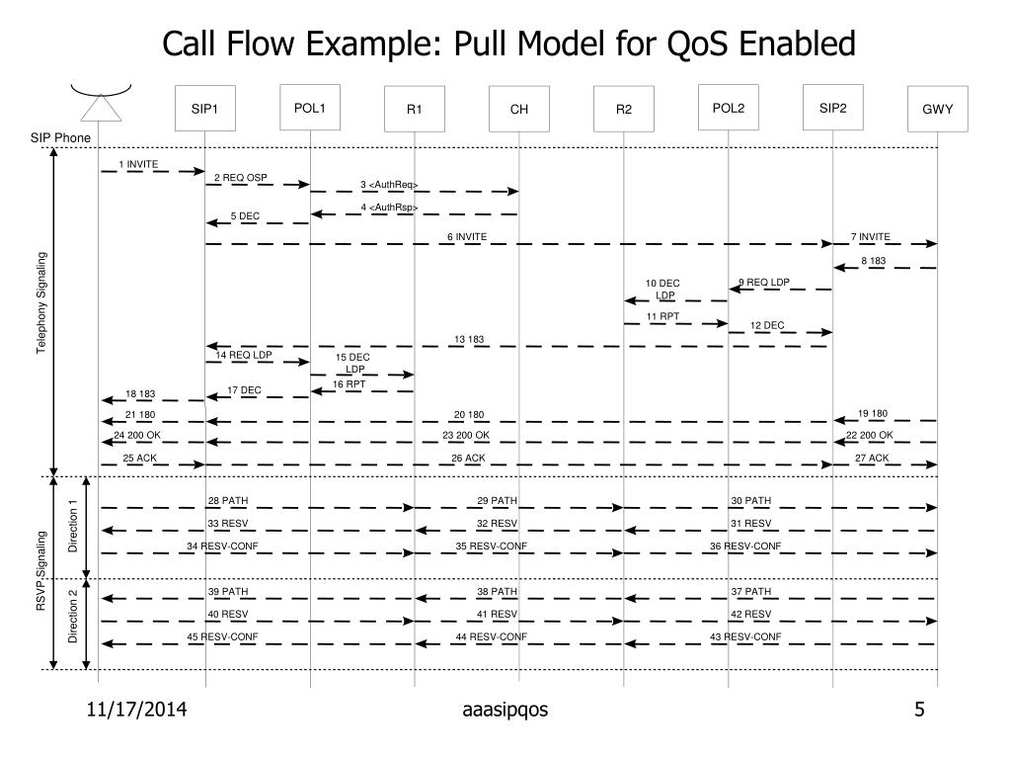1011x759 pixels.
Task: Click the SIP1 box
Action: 205,109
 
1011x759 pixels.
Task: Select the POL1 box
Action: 310,108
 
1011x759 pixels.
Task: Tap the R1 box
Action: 415,109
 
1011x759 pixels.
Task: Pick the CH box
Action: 519,109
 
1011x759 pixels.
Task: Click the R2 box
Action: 624,109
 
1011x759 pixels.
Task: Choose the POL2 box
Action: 729,108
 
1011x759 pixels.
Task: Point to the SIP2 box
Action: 833,108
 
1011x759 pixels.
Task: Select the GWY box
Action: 938,109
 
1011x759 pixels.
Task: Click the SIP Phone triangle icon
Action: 101,107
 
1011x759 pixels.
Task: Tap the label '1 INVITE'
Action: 138,163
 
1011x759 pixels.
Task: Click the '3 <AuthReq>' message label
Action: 389,185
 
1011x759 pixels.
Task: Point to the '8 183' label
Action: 873,261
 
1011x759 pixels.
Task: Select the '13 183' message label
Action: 469,339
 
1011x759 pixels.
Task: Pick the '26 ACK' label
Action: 468,458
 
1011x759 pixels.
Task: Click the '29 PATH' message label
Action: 497,501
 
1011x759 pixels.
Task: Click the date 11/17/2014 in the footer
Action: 137,710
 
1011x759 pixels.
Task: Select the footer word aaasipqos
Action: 505,710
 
